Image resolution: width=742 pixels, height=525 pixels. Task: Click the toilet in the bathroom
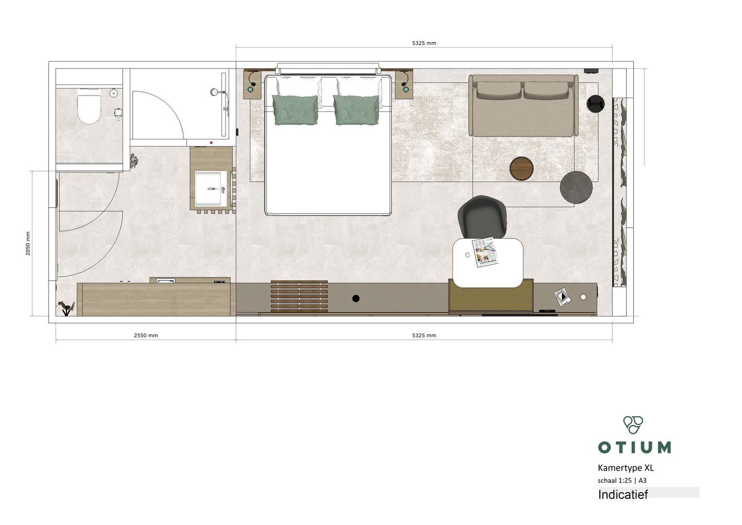pos(89,106)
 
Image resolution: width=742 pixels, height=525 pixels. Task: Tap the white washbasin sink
pos(211,189)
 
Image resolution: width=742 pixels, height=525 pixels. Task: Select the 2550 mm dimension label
pos(146,335)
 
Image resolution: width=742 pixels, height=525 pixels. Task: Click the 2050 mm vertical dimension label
pos(28,243)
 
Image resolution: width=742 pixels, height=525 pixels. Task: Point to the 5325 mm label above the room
pos(424,43)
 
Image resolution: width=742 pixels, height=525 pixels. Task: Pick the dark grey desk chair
pos(483,217)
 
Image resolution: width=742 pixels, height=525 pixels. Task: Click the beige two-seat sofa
pos(523,105)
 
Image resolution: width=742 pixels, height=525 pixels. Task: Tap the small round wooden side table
pos(521,168)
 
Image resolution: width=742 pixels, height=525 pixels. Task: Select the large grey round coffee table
pos(576,187)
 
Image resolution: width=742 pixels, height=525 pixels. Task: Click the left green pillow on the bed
pos(295,110)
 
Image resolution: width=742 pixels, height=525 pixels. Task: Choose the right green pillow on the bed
pos(356,110)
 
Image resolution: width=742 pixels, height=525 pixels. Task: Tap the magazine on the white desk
pos(485,252)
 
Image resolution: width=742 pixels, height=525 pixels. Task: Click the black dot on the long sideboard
pos(356,298)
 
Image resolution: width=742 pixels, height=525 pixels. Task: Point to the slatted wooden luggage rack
pos(299,297)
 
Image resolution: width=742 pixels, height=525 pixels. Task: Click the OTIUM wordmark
pos(634,447)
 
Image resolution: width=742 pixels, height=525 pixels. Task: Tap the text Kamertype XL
pos(626,468)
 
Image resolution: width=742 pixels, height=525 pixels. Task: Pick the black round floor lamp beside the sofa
pos(596,104)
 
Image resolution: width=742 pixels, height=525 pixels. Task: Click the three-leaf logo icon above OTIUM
pos(633,425)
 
